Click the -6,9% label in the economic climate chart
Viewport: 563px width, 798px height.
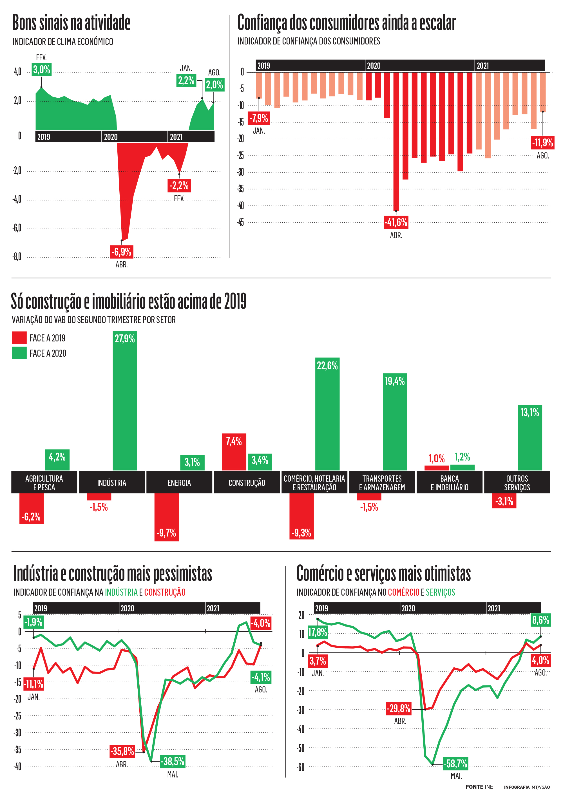pos(122,252)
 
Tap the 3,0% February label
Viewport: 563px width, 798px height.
pos(41,70)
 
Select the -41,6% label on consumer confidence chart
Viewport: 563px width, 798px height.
pos(396,222)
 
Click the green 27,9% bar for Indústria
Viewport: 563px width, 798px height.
pos(125,403)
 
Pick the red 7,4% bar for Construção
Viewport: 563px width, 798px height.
pos(234,452)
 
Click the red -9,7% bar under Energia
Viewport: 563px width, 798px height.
pos(166,517)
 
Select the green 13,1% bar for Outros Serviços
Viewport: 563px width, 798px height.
pos(530,438)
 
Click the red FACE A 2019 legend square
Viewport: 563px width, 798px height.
pos(19,337)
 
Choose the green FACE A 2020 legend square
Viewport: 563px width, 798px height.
pos(19,353)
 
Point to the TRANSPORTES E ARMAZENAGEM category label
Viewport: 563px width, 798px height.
pos(382,482)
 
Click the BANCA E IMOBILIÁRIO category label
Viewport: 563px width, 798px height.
pos(449,482)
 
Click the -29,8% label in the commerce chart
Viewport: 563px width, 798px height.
pos(399,708)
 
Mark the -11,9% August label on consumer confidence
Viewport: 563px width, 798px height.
pos(542,142)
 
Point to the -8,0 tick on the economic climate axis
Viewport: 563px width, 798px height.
pos(17,257)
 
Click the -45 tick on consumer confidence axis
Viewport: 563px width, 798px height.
pos(240,222)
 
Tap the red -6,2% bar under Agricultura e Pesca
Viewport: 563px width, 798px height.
pos(31,508)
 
